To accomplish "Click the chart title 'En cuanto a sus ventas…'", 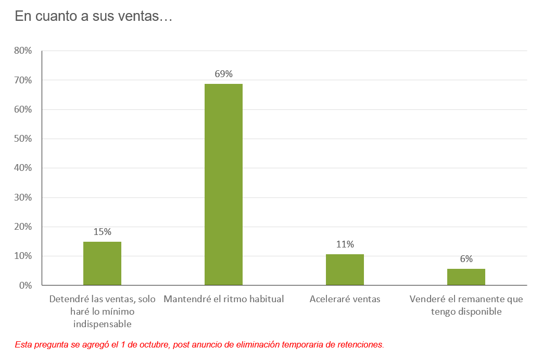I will click(93, 17).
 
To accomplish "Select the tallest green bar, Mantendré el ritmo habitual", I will click(223, 184).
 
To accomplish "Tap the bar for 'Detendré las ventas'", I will click(102, 263).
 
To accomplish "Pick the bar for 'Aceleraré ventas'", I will click(345, 269).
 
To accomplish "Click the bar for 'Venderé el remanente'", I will click(466, 277).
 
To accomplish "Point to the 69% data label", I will click(223, 74).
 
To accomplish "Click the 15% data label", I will click(102, 232).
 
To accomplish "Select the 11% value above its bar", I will click(345, 244).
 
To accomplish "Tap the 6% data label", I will click(466, 259).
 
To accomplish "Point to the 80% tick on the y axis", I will click(24, 51).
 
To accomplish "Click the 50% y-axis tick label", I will click(24, 139).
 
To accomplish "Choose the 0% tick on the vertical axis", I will click(26, 285).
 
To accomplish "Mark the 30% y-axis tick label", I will click(24, 197).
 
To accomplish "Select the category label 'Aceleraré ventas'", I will click(345, 300).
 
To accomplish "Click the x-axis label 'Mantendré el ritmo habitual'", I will click(223, 300).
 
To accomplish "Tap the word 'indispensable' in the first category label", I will click(102, 324).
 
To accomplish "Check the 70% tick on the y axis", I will click(24, 80).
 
